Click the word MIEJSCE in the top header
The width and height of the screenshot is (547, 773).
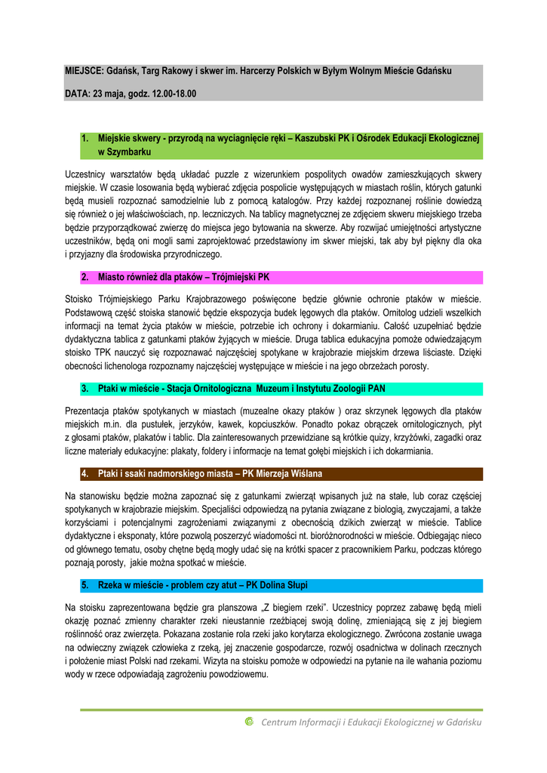click(x=79, y=71)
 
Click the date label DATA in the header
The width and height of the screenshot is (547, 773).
click(x=77, y=94)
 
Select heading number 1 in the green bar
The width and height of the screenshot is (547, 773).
click(x=85, y=138)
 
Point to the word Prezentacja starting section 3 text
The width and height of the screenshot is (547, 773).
click(x=90, y=411)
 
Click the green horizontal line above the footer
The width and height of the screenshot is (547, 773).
click(x=281, y=710)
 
